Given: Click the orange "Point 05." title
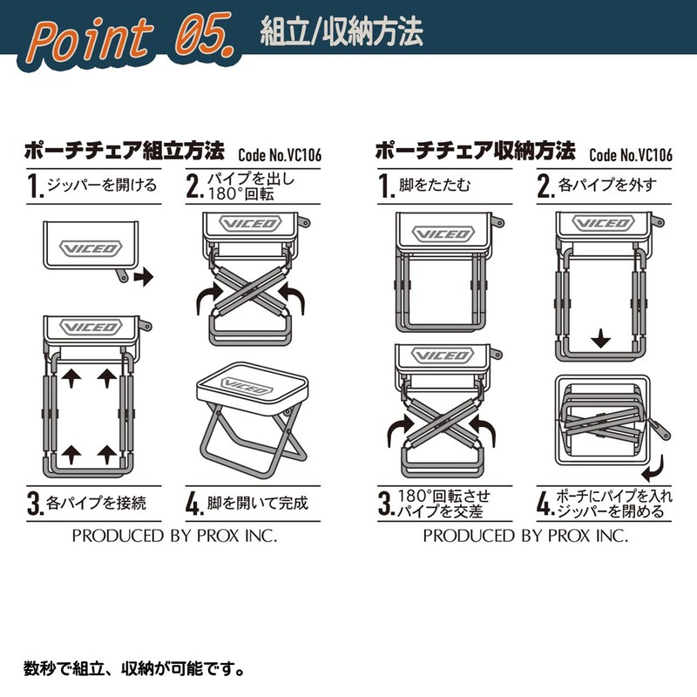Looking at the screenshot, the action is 132,40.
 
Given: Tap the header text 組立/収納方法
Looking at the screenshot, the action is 342,32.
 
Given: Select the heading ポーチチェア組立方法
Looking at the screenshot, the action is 125,151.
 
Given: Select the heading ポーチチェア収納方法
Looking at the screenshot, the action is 476,151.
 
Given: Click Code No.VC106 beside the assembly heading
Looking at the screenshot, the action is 280,155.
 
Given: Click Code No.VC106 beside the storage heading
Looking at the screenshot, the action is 631,155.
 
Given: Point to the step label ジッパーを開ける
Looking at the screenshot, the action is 102,185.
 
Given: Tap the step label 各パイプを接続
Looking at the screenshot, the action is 96,504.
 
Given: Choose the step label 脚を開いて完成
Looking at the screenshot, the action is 257,504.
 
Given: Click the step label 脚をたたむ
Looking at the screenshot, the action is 434,185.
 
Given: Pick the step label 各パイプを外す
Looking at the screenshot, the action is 607,185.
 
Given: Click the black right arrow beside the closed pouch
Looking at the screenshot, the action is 144,277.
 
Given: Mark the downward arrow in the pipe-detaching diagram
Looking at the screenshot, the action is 600,338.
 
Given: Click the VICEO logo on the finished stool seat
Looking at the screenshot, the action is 247,386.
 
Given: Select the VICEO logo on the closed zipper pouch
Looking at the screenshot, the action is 91,248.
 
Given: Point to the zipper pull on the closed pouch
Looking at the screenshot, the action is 121,275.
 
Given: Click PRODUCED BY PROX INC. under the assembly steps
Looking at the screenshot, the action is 174,536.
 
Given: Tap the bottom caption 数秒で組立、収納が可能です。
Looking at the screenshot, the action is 133,668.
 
